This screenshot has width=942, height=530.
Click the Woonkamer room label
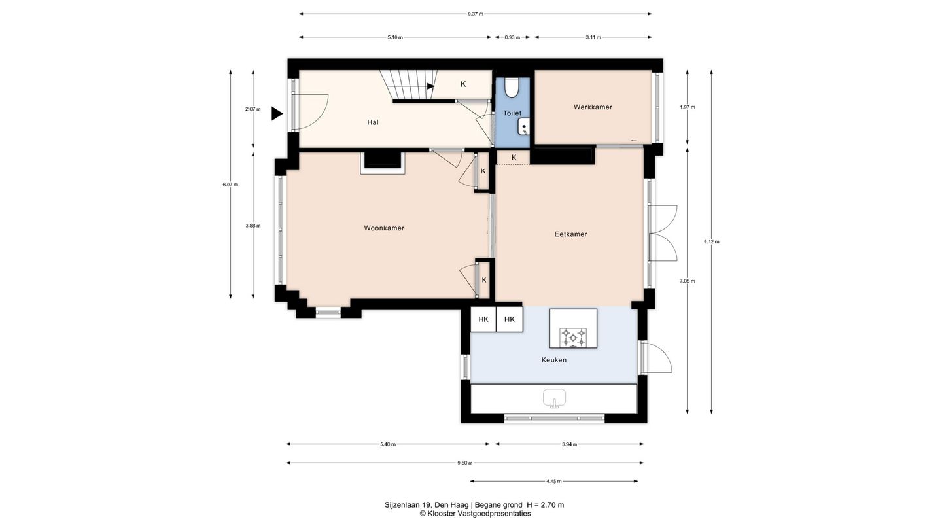(x=384, y=228)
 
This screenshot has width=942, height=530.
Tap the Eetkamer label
(x=570, y=234)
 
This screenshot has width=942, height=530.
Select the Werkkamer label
(x=593, y=107)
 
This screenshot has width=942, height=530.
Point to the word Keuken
(x=554, y=360)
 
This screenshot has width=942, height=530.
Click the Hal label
(x=373, y=122)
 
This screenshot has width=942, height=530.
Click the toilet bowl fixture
(x=512, y=87)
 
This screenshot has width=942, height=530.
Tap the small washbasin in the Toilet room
(x=523, y=127)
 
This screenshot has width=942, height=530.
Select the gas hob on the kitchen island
(x=573, y=338)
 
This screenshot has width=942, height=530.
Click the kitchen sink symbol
(x=554, y=398)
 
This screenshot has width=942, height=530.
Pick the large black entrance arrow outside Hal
(x=276, y=114)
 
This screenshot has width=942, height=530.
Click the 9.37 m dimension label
(x=475, y=14)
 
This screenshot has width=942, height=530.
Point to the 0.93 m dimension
(x=512, y=37)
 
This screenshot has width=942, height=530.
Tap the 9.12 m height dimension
(x=712, y=242)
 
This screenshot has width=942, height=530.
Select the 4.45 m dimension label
(x=554, y=481)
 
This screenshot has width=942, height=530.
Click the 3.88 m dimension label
(x=253, y=226)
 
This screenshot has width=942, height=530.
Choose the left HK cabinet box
(x=483, y=319)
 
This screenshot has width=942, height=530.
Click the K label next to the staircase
(x=463, y=84)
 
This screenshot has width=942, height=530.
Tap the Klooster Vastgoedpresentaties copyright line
(x=475, y=514)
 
